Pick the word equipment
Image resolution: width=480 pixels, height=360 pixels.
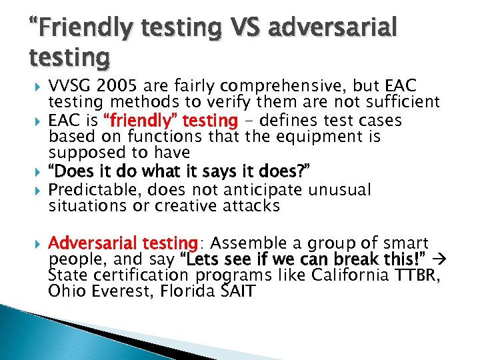coord(309,137)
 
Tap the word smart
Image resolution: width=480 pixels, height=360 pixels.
coord(408,243)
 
